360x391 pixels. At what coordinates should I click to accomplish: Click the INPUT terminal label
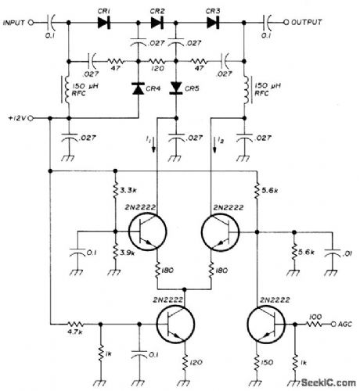(13, 23)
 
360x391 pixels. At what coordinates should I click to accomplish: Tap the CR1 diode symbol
(103, 23)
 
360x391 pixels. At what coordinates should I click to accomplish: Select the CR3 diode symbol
(213, 23)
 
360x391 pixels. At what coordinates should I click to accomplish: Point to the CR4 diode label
(154, 88)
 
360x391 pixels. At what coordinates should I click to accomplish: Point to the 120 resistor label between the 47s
(157, 69)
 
